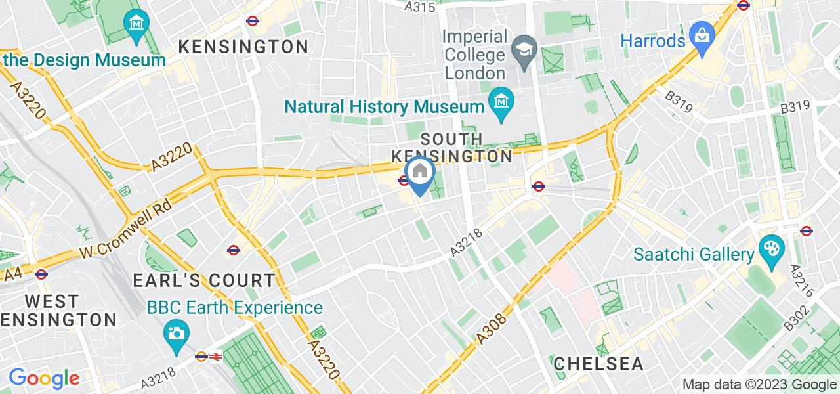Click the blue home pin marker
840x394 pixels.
click(x=419, y=174)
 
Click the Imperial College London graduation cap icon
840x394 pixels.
click(x=525, y=50)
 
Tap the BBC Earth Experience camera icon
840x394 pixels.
click(x=175, y=333)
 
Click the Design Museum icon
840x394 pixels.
click(x=136, y=24)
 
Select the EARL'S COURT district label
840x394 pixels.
click(x=204, y=280)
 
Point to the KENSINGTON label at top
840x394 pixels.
click(x=243, y=47)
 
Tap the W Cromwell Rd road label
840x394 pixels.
click(x=125, y=227)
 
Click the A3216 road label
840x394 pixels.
click(x=802, y=280)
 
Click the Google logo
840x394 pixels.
click(x=44, y=379)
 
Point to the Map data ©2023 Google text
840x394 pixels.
click(x=759, y=385)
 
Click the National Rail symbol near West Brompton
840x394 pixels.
click(x=216, y=357)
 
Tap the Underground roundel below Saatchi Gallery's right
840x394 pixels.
click(x=807, y=231)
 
